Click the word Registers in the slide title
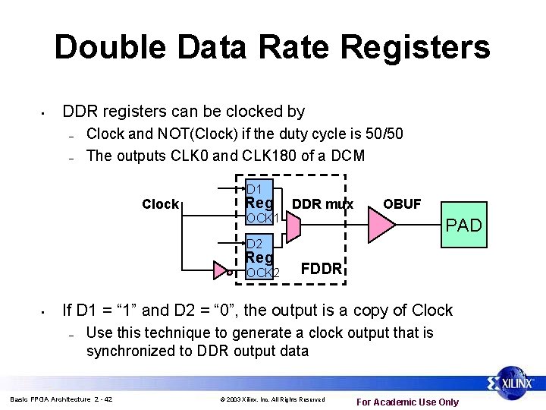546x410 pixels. pyautogui.click(x=416, y=47)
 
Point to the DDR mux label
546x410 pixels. pyautogui.click(x=322, y=203)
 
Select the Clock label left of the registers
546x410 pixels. pyautogui.click(x=161, y=203)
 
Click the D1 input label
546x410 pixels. pyautogui.click(x=254, y=188)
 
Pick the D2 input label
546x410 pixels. pyautogui.click(x=254, y=244)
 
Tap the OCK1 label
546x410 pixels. pyautogui.click(x=263, y=218)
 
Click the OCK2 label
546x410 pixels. pyautogui.click(x=263, y=273)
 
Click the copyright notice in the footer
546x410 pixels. pyautogui.click(x=272, y=399)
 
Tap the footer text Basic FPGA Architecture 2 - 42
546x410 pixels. pyautogui.click(x=61, y=399)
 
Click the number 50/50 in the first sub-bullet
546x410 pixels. pyautogui.click(x=380, y=134)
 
